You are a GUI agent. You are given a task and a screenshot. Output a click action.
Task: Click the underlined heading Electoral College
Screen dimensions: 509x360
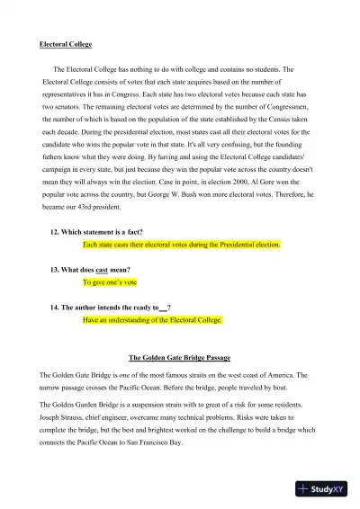[x=66, y=44]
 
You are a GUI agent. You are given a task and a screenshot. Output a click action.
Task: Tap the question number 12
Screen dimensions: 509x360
[x=55, y=231]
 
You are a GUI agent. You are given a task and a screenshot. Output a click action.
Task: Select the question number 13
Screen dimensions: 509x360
[x=55, y=269]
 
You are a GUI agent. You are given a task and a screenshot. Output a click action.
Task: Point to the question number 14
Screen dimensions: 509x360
[x=55, y=307]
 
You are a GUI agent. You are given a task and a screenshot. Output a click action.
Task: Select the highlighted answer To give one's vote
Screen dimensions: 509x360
[x=110, y=281]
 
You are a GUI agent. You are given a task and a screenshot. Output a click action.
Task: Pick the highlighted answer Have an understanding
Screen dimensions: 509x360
[x=152, y=319]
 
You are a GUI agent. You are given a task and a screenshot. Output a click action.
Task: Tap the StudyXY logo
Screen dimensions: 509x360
[x=325, y=489]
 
